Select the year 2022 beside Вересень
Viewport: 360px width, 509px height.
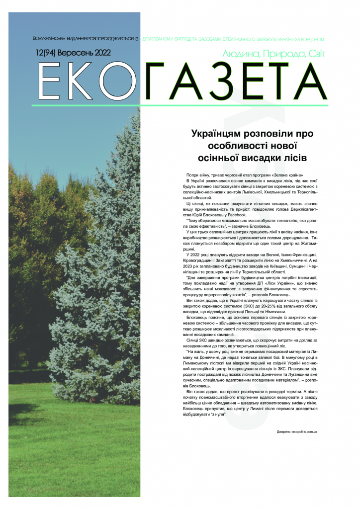point(100,53)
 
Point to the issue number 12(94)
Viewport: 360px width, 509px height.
point(46,53)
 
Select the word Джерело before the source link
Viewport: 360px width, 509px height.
point(284,432)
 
